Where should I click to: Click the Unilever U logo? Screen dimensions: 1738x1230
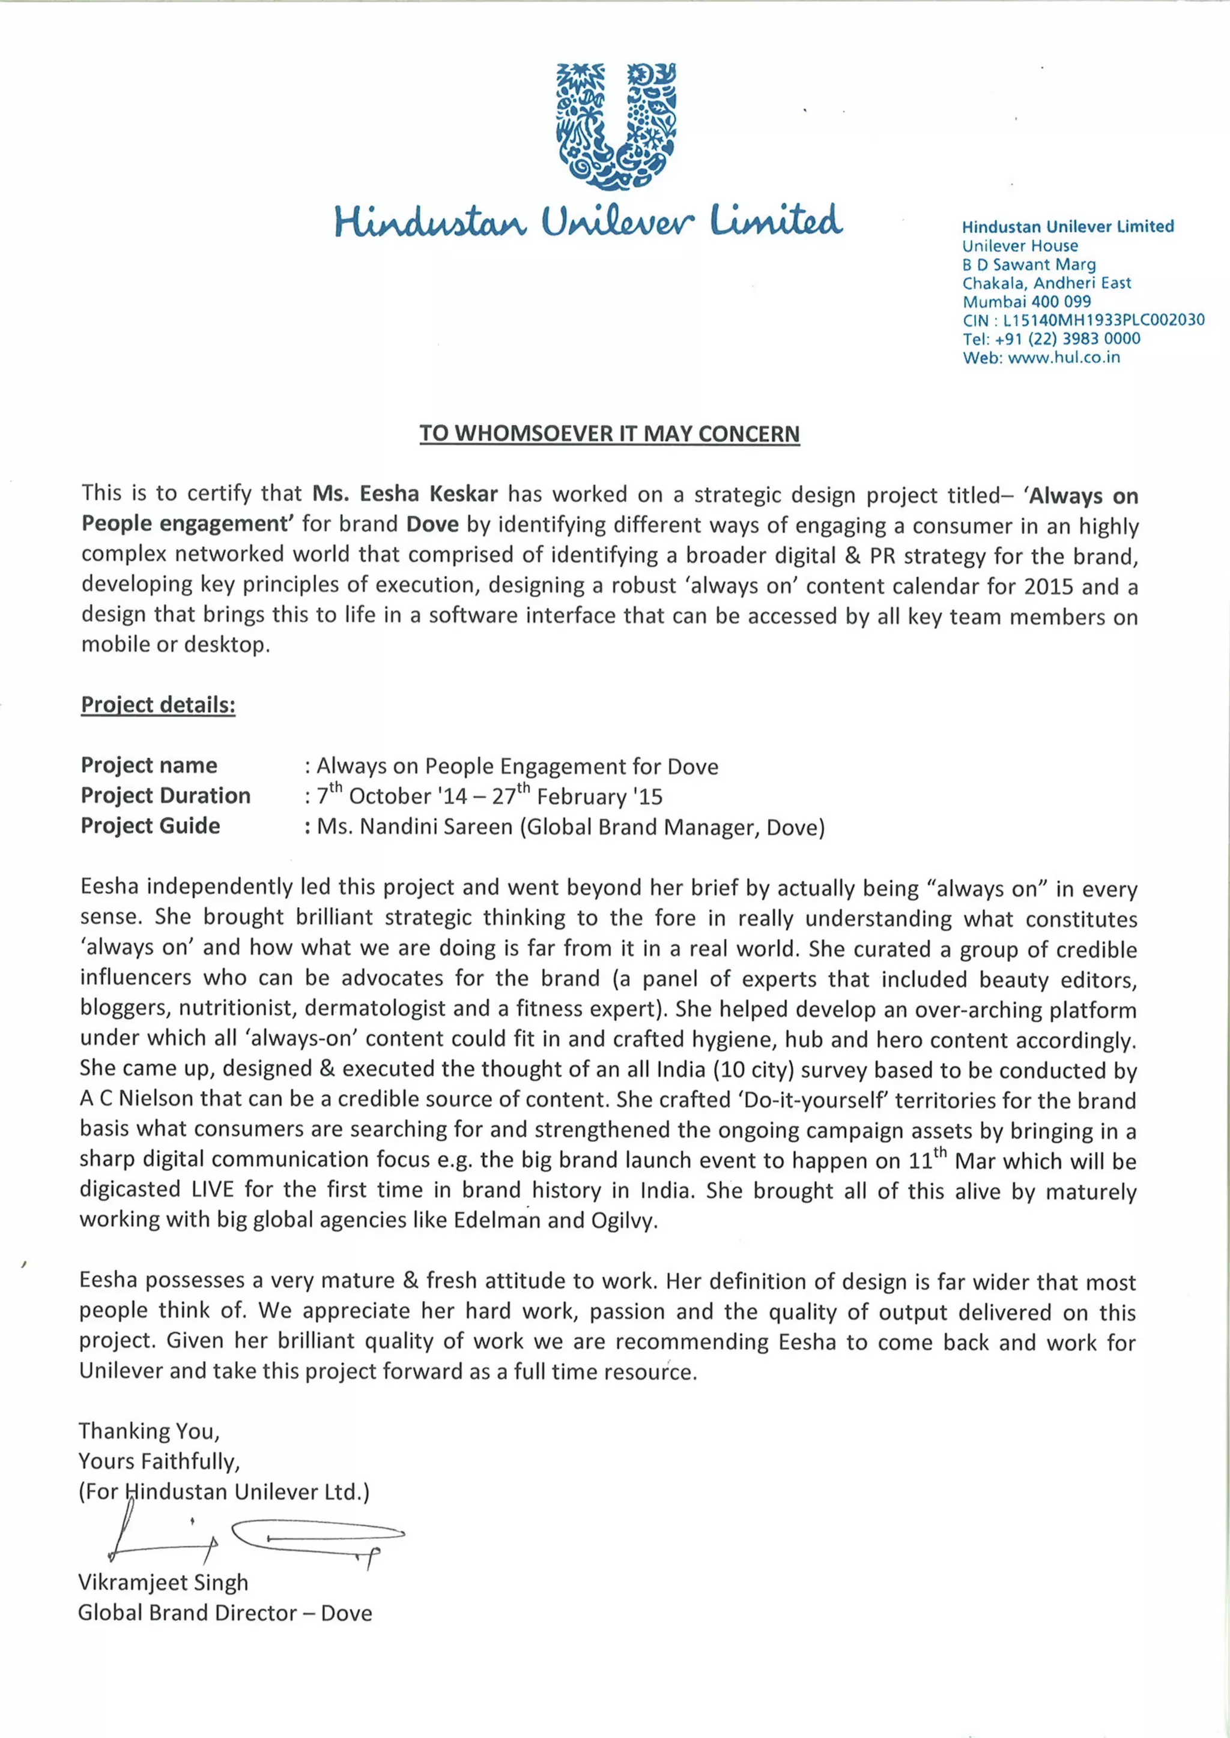pos(615,125)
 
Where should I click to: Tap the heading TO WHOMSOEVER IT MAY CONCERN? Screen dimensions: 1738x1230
pos(610,434)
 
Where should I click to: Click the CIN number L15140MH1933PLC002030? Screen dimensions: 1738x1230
pos(1103,320)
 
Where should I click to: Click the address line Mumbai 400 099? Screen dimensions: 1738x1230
pos(1026,301)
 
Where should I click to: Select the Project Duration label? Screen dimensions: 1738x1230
pos(165,796)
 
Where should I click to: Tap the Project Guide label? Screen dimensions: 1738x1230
pos(150,826)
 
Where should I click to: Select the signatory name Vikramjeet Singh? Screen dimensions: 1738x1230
pos(163,1582)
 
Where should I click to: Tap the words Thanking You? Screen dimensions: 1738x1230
pos(148,1431)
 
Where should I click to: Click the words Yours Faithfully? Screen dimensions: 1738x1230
pos(159,1461)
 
